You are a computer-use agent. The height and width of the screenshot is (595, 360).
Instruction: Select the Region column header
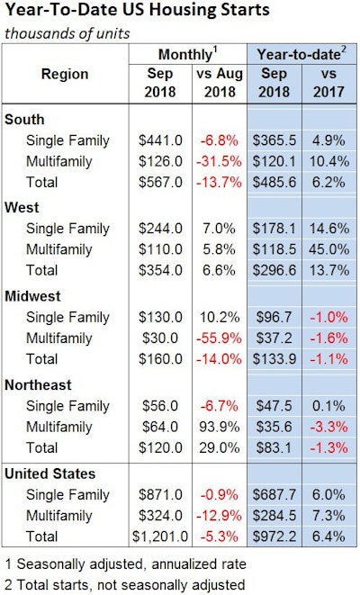pyautogui.click(x=65, y=75)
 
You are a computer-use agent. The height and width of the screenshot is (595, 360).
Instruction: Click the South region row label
pyautogui.click(x=24, y=119)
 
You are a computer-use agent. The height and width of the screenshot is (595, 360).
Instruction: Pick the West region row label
pyautogui.click(x=22, y=206)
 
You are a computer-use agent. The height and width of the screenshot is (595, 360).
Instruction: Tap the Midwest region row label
pyautogui.click(x=32, y=294)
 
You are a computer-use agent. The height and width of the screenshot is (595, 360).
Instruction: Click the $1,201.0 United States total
pyautogui.click(x=157, y=537)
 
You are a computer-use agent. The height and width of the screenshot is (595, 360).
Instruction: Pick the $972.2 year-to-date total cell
pyautogui.click(x=272, y=537)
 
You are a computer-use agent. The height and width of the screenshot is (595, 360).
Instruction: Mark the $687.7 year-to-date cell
pyautogui.click(x=272, y=494)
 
